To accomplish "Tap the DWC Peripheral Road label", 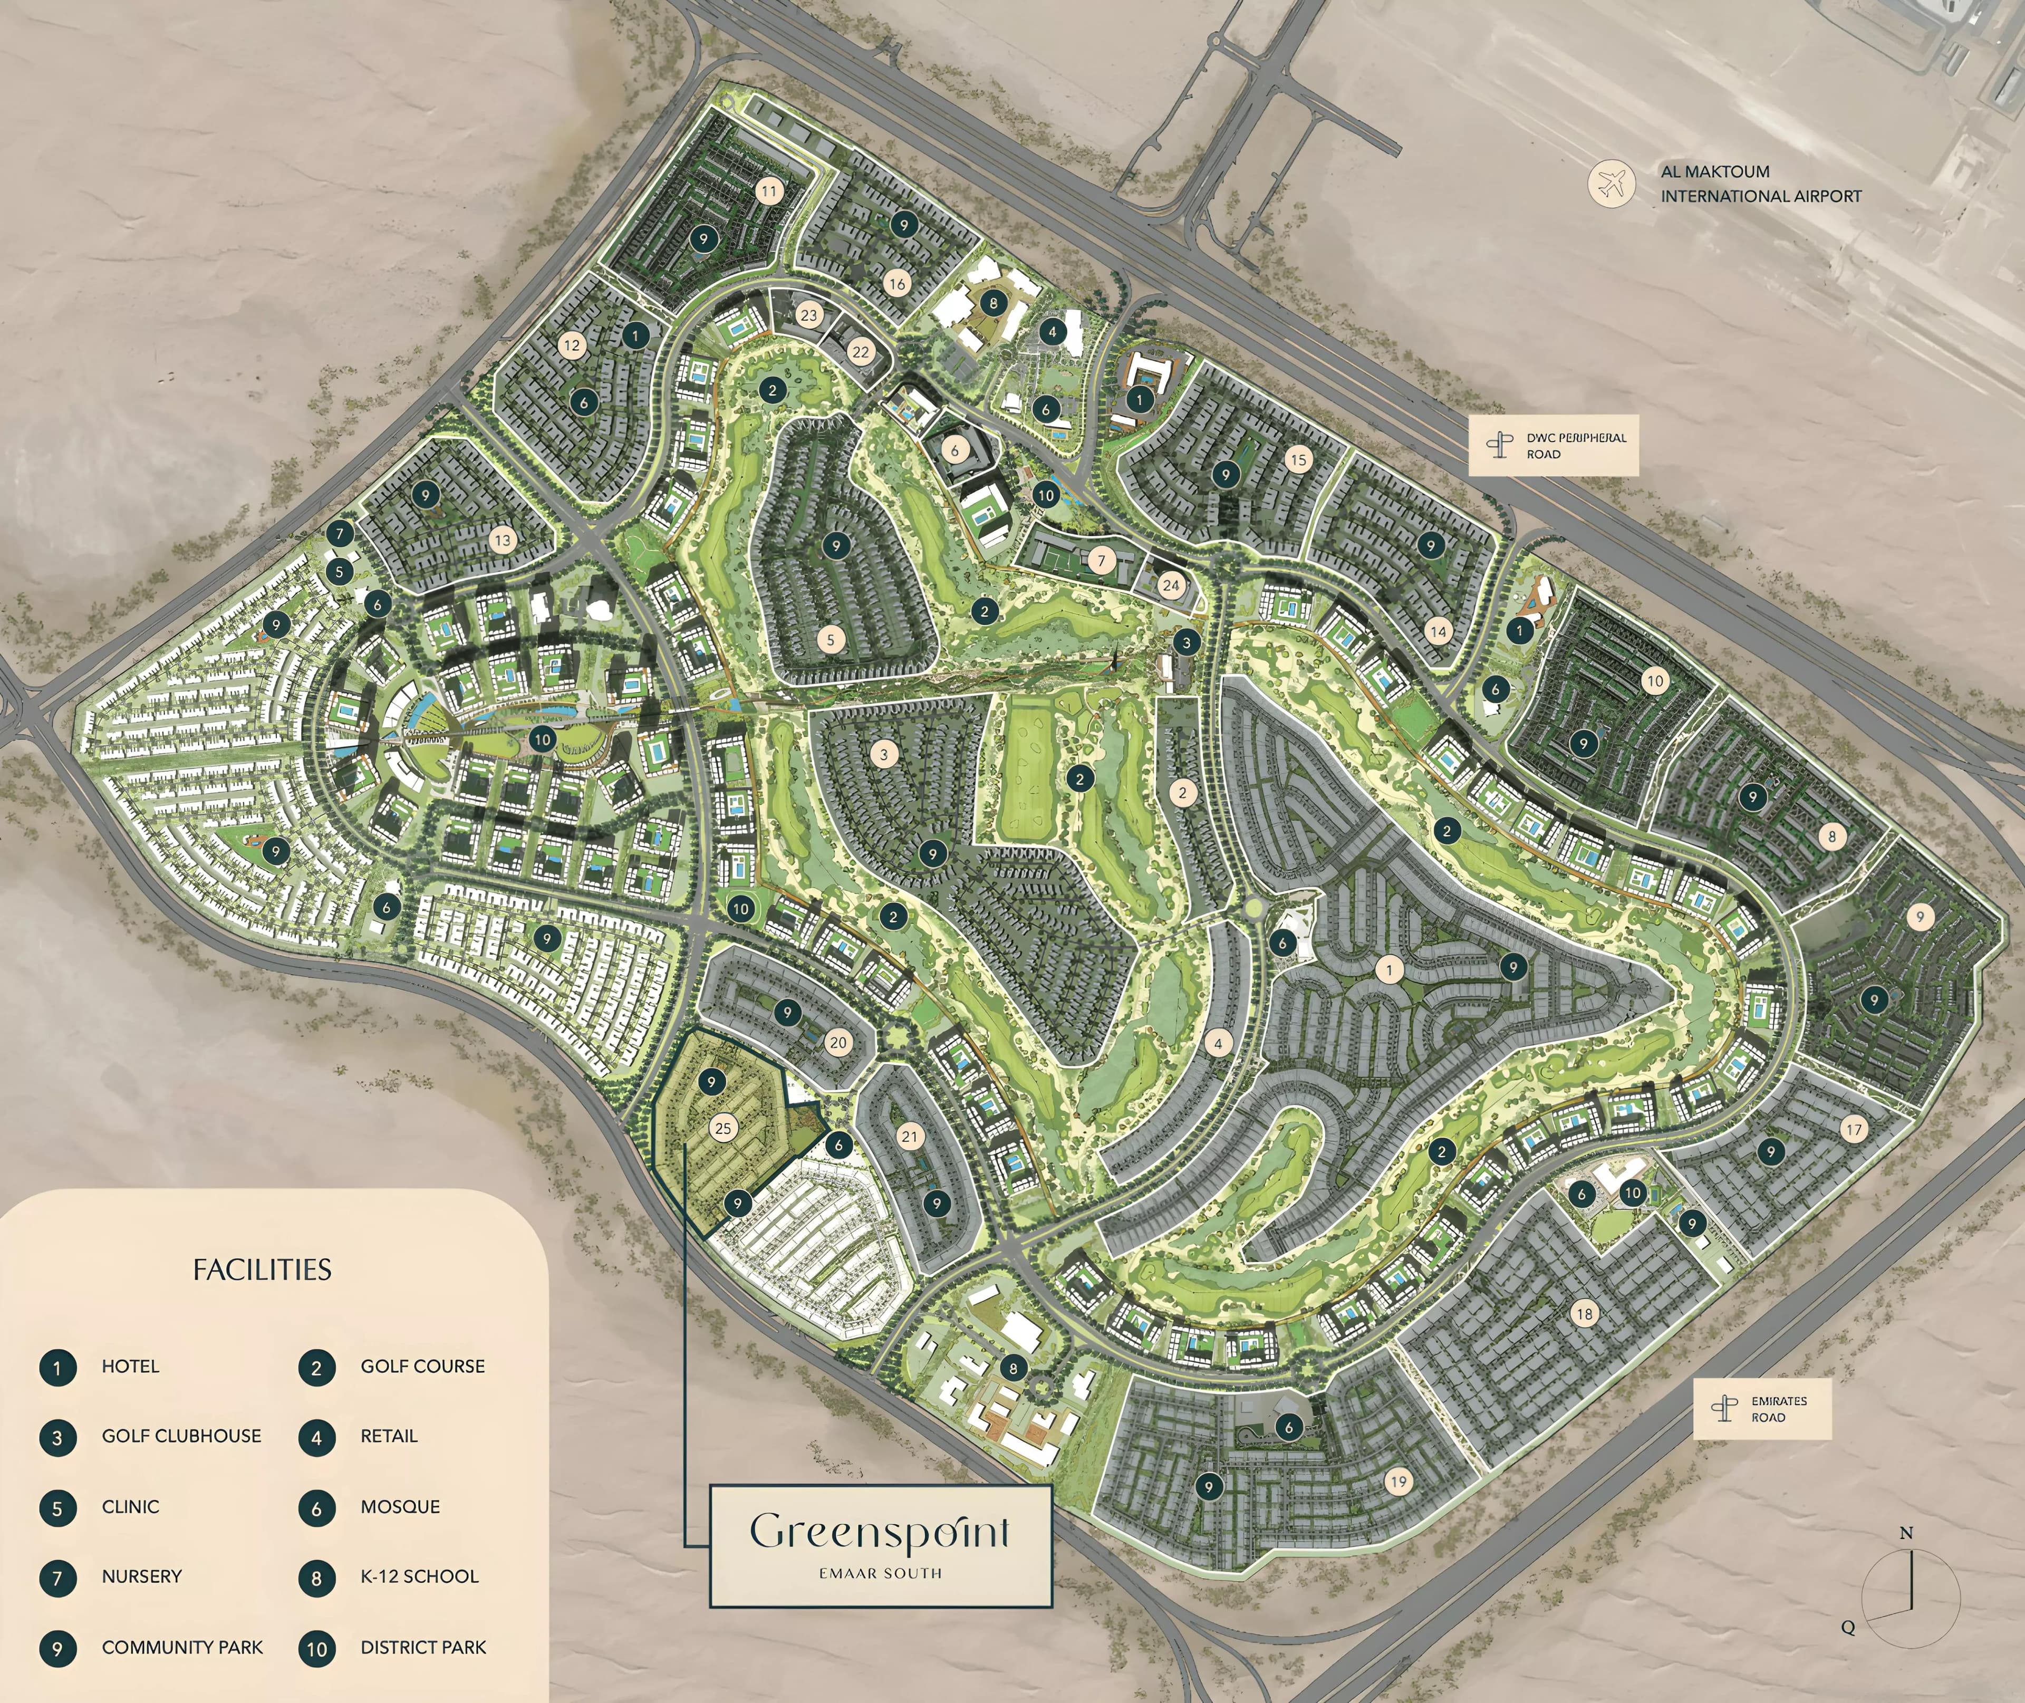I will pyautogui.click(x=1575, y=446).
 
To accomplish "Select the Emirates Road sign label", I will pyautogui.click(x=1779, y=1409).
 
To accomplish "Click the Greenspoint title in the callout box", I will pyautogui.click(x=880, y=1532).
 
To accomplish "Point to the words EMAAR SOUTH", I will pyautogui.click(x=880, y=1573).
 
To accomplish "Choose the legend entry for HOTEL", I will pyautogui.click(x=130, y=1366).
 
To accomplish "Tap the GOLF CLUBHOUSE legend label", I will pyautogui.click(x=181, y=1436).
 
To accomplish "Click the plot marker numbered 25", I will pyautogui.click(x=723, y=1128).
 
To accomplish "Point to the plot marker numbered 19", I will pyautogui.click(x=1399, y=1481).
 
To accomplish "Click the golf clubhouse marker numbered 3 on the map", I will pyautogui.click(x=1187, y=642).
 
